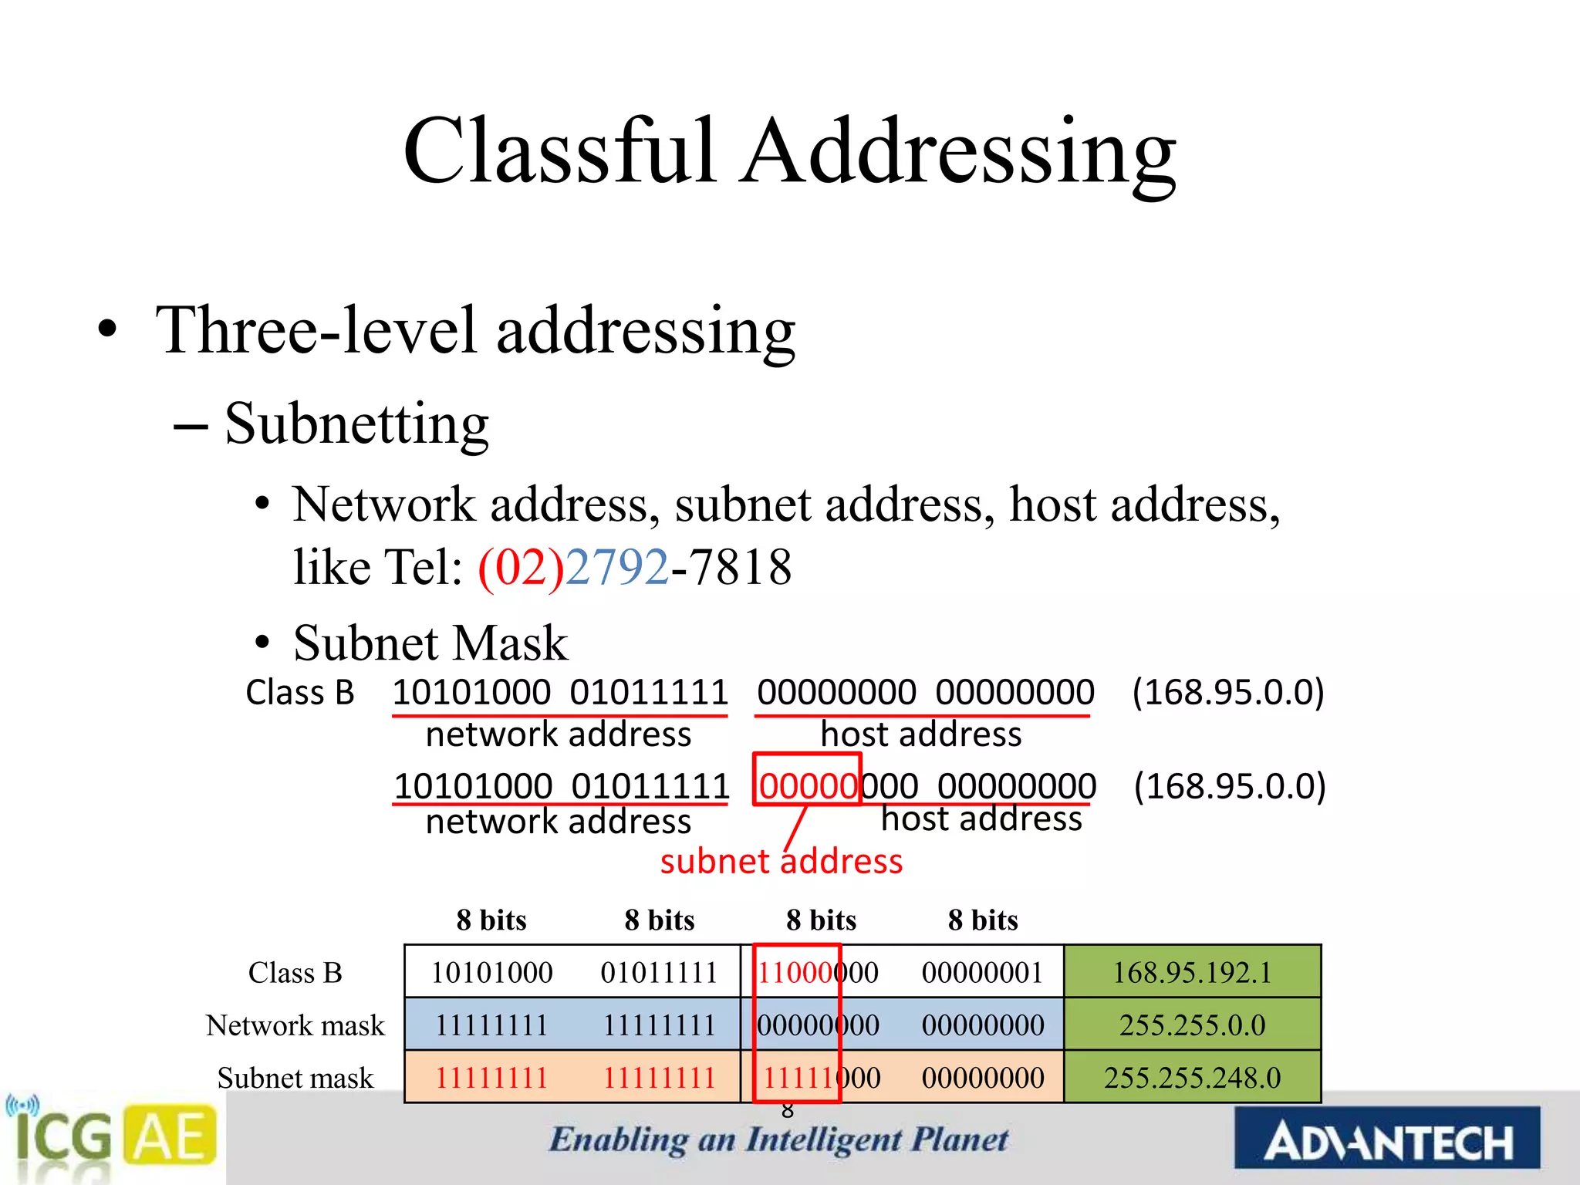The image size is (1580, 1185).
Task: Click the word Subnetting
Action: point(356,424)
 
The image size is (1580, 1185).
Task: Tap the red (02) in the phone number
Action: point(522,567)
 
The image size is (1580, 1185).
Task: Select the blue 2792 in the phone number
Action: point(617,567)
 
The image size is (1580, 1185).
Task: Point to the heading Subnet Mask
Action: point(430,643)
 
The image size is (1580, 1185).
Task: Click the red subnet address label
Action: point(781,861)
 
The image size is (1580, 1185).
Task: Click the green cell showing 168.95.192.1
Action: point(1192,972)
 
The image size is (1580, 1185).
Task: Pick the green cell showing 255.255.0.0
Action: point(1192,1025)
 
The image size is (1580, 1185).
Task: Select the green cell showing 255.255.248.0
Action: point(1192,1078)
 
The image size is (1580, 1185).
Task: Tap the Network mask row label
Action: point(295,1025)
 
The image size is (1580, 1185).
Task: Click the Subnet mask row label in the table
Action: point(295,1078)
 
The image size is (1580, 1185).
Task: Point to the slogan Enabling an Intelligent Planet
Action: point(778,1139)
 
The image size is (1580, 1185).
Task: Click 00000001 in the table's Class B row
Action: point(982,972)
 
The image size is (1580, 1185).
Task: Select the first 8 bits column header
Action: point(491,920)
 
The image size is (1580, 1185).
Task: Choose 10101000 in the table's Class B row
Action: point(491,972)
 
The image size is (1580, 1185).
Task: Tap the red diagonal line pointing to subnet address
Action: point(795,828)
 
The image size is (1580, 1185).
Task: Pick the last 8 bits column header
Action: point(983,920)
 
